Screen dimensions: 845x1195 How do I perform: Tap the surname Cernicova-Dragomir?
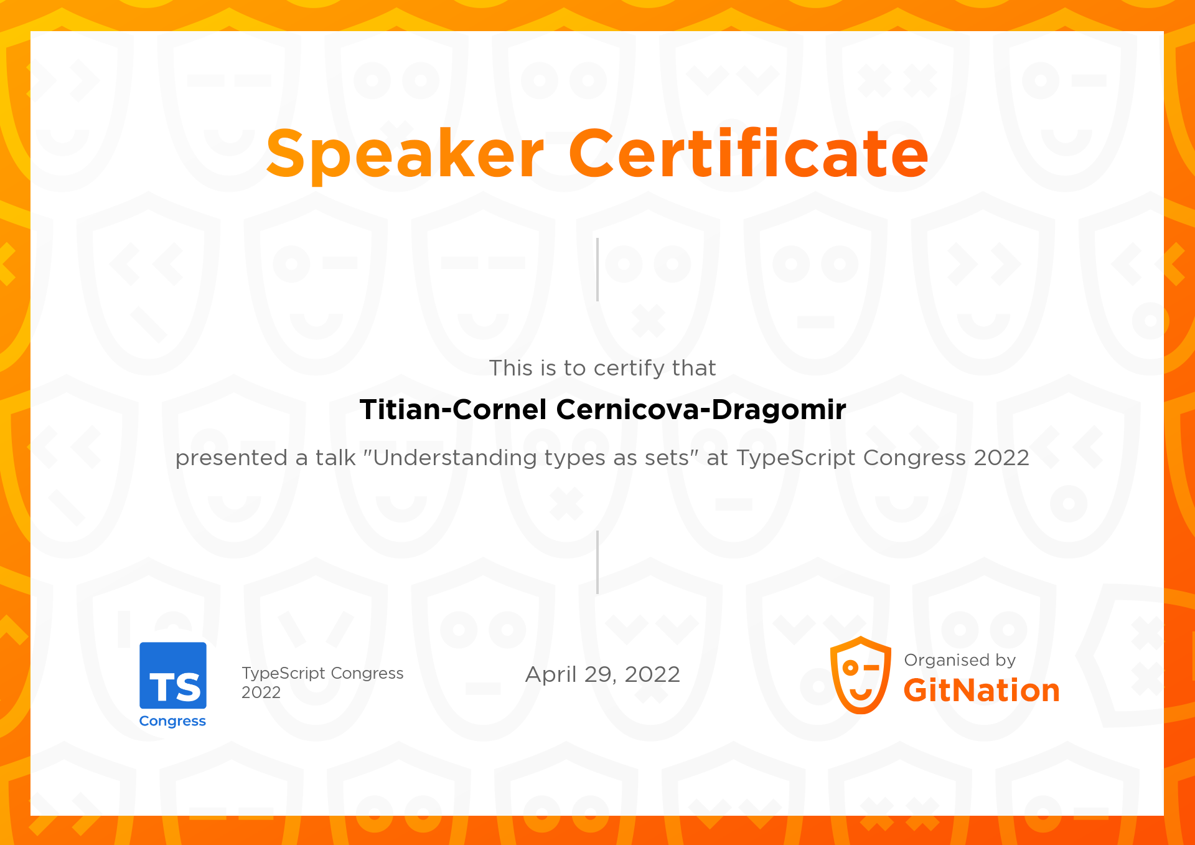tap(701, 410)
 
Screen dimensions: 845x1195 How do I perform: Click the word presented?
tap(232, 458)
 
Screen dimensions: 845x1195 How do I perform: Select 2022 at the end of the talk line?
tap(1001, 458)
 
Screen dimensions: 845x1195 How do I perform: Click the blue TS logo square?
tap(173, 676)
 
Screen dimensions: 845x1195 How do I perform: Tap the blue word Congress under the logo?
tap(172, 721)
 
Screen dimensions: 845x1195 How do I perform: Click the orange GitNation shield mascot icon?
tap(861, 675)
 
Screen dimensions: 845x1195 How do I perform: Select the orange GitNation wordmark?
tap(982, 691)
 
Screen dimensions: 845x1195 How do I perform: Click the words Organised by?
tap(960, 660)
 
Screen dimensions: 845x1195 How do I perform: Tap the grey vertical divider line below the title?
tap(597, 270)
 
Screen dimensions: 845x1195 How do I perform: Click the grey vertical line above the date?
tap(597, 562)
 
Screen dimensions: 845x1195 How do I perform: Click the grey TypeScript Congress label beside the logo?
tap(322, 673)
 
